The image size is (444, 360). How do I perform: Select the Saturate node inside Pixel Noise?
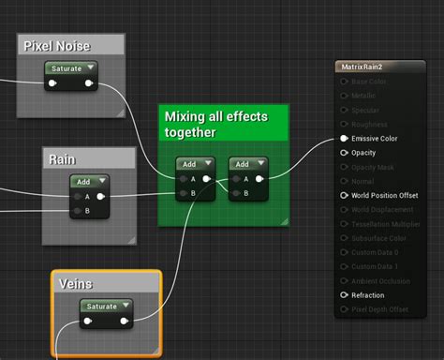pyautogui.click(x=67, y=68)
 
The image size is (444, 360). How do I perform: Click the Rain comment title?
pyautogui.click(x=63, y=159)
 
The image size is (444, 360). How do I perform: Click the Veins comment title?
pyautogui.click(x=75, y=283)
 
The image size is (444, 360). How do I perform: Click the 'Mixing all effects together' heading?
pyautogui.click(x=215, y=124)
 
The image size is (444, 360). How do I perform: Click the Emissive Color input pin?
pyautogui.click(x=344, y=139)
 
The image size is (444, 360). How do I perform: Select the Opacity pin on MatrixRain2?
pyautogui.click(x=344, y=153)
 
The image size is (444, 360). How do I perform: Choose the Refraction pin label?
pyautogui.click(x=368, y=295)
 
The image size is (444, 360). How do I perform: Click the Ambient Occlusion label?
pyautogui.click(x=381, y=281)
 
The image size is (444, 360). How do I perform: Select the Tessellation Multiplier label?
pyautogui.click(x=389, y=224)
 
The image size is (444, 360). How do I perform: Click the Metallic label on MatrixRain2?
pyautogui.click(x=365, y=96)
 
